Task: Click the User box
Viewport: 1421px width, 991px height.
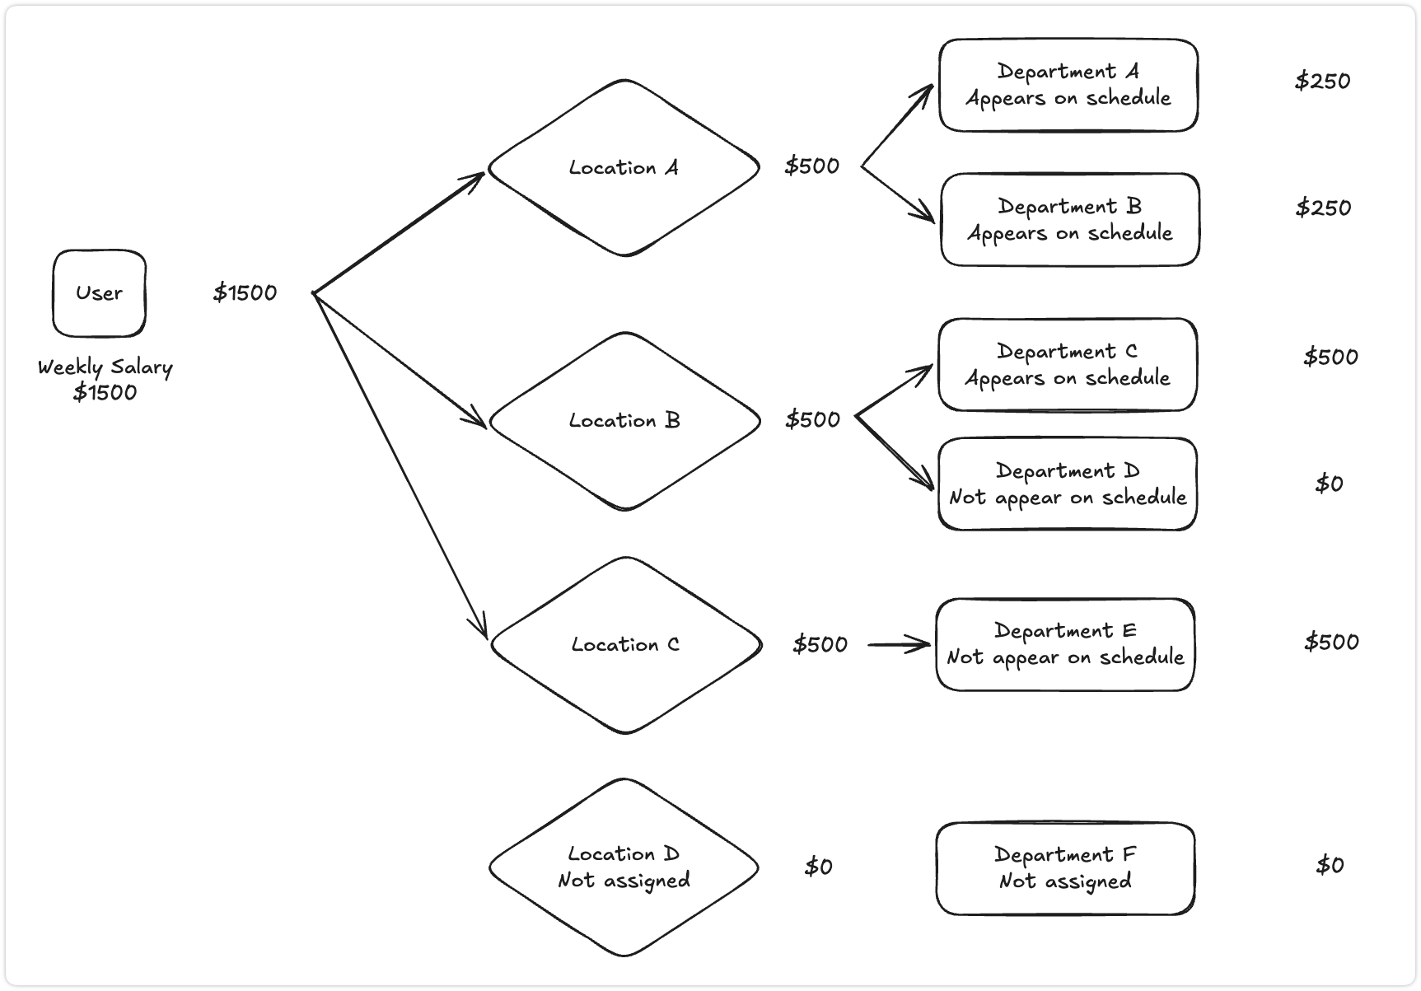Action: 99,293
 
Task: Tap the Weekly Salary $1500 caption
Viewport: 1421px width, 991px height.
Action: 105,379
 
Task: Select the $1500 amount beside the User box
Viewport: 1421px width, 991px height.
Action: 245,292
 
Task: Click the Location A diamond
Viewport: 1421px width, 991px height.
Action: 624,168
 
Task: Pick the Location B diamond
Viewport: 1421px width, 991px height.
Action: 624,421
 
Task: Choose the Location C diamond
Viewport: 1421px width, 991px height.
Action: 625,645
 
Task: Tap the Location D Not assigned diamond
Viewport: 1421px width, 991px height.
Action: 624,867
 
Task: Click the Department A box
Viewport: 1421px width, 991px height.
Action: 1068,85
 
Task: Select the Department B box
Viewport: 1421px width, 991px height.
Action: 1069,220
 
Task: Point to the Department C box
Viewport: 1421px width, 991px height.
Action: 1067,365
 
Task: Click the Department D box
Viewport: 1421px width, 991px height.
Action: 1067,484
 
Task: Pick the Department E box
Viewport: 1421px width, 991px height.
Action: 1064,644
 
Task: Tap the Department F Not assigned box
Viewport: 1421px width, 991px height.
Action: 1064,868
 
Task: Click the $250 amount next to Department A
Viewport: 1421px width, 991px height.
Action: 1322,81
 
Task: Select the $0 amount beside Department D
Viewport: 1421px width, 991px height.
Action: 1329,484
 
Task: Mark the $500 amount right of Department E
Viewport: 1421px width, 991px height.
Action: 1331,642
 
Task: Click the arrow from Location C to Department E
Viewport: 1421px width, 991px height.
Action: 898,645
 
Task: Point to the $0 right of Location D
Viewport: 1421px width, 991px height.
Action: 818,867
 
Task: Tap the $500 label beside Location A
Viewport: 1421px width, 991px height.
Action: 811,166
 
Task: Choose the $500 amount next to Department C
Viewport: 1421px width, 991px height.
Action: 1330,357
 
